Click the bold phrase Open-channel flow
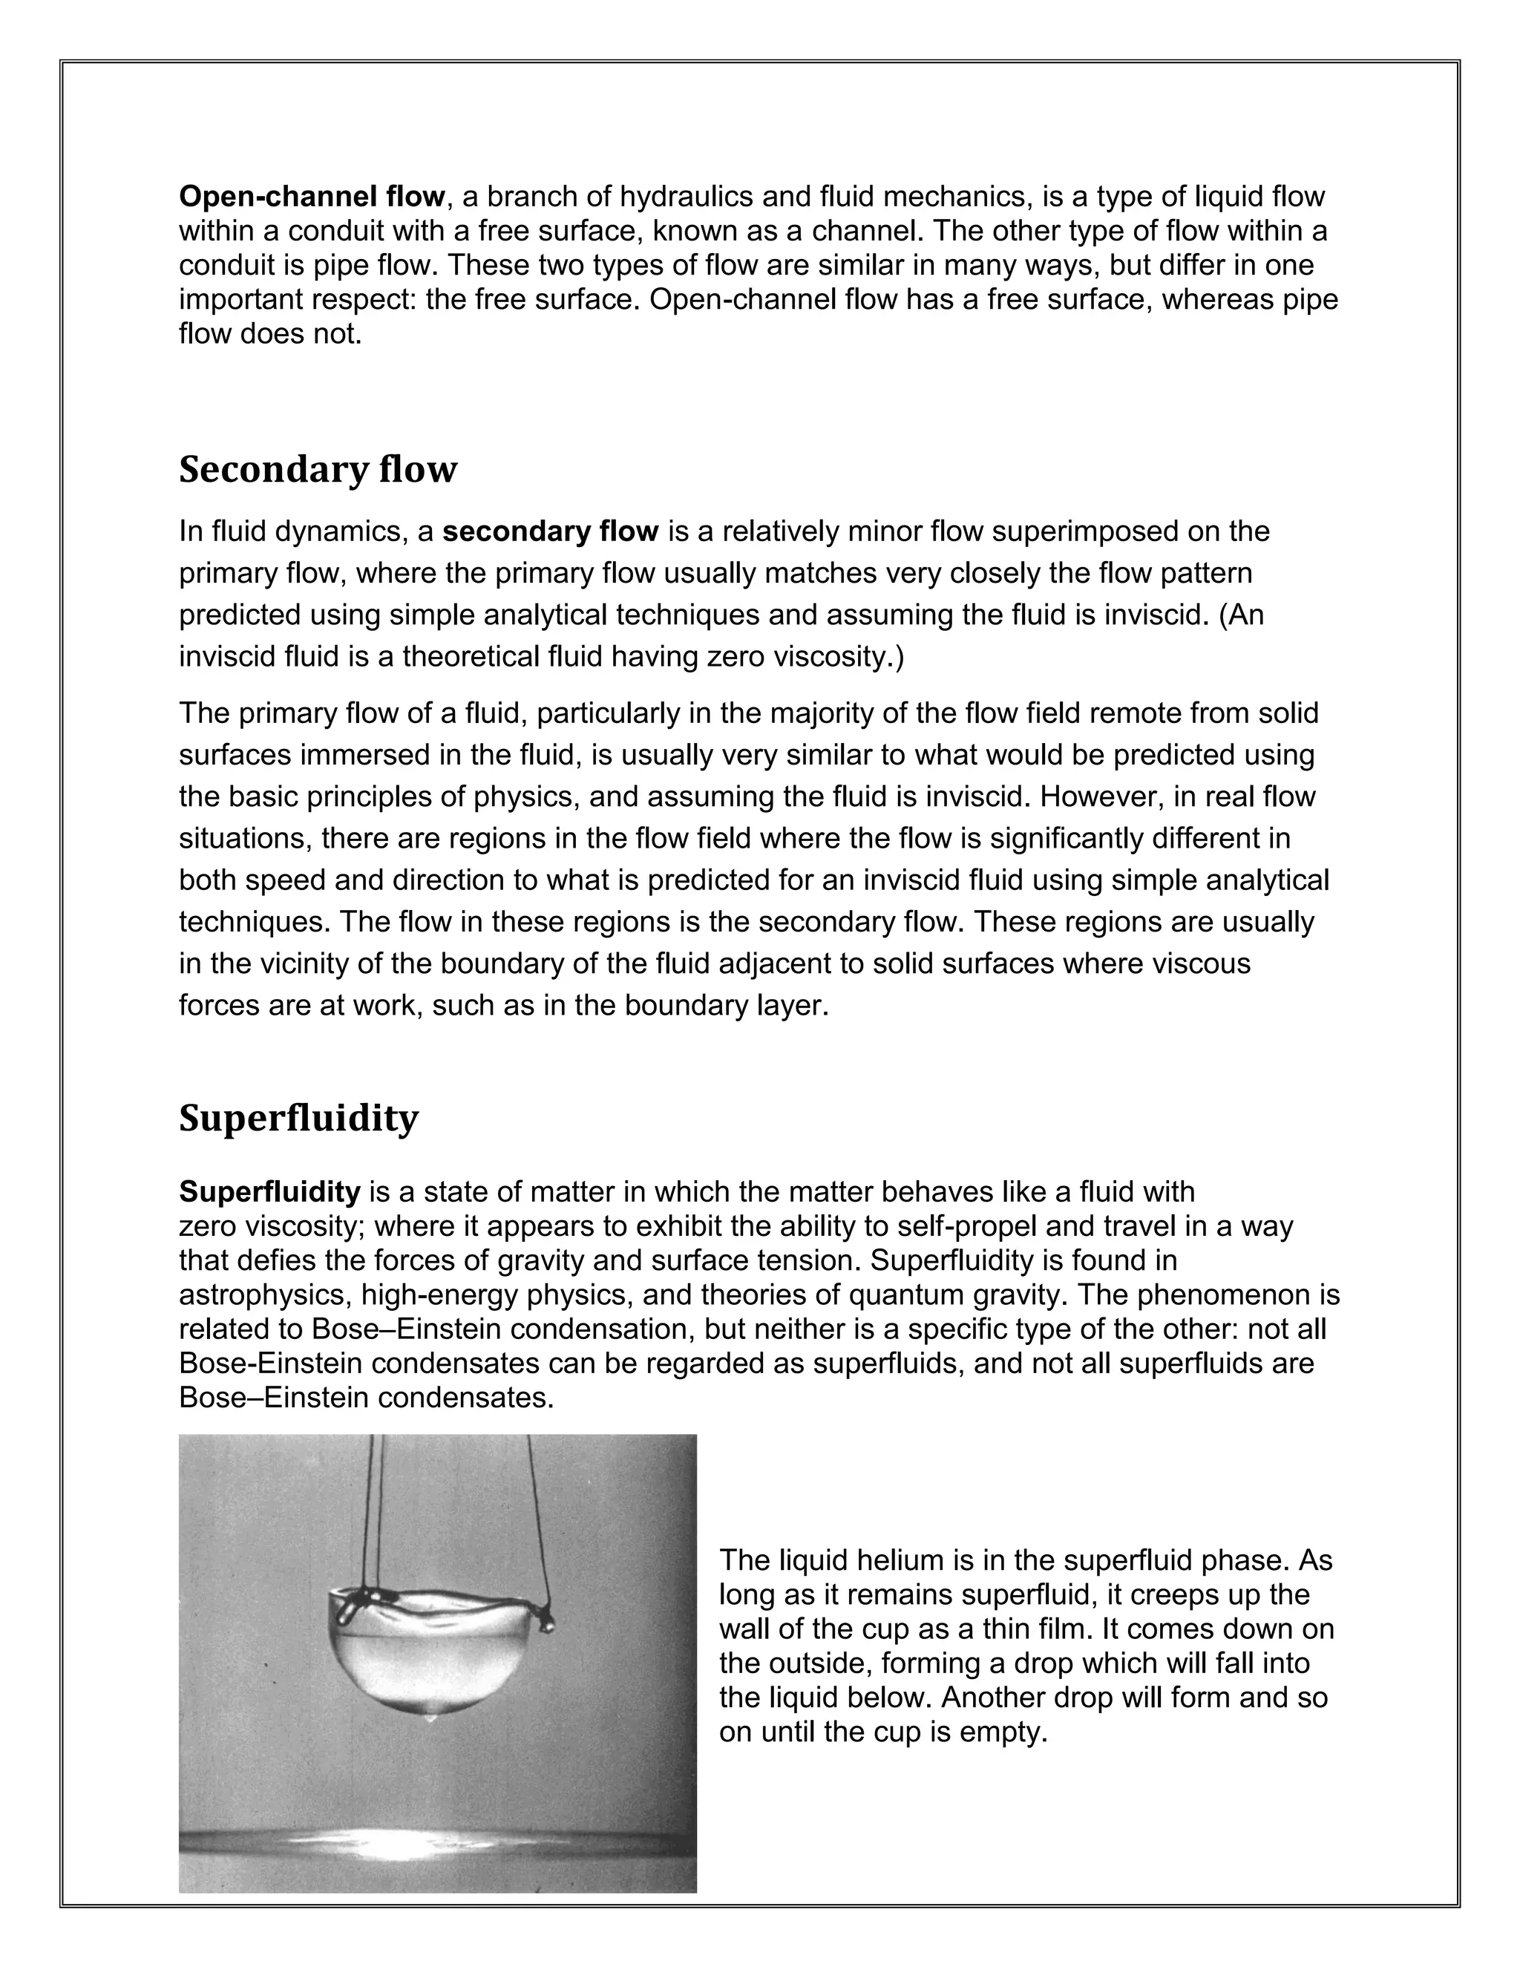312,197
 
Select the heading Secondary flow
318,469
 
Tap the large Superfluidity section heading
298,1118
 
